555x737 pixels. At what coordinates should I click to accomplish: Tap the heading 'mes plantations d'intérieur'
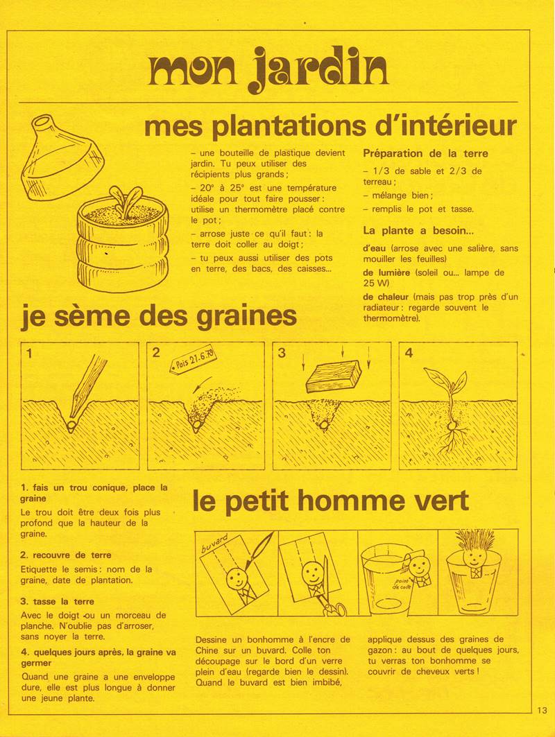[330, 126]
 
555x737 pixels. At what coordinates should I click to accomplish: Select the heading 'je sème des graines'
[159, 316]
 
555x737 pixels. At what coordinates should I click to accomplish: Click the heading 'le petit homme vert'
[331, 500]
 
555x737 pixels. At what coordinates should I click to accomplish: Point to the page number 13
[542, 710]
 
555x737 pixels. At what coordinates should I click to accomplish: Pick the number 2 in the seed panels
[156, 353]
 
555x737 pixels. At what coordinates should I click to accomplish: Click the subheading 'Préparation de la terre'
[425, 153]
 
